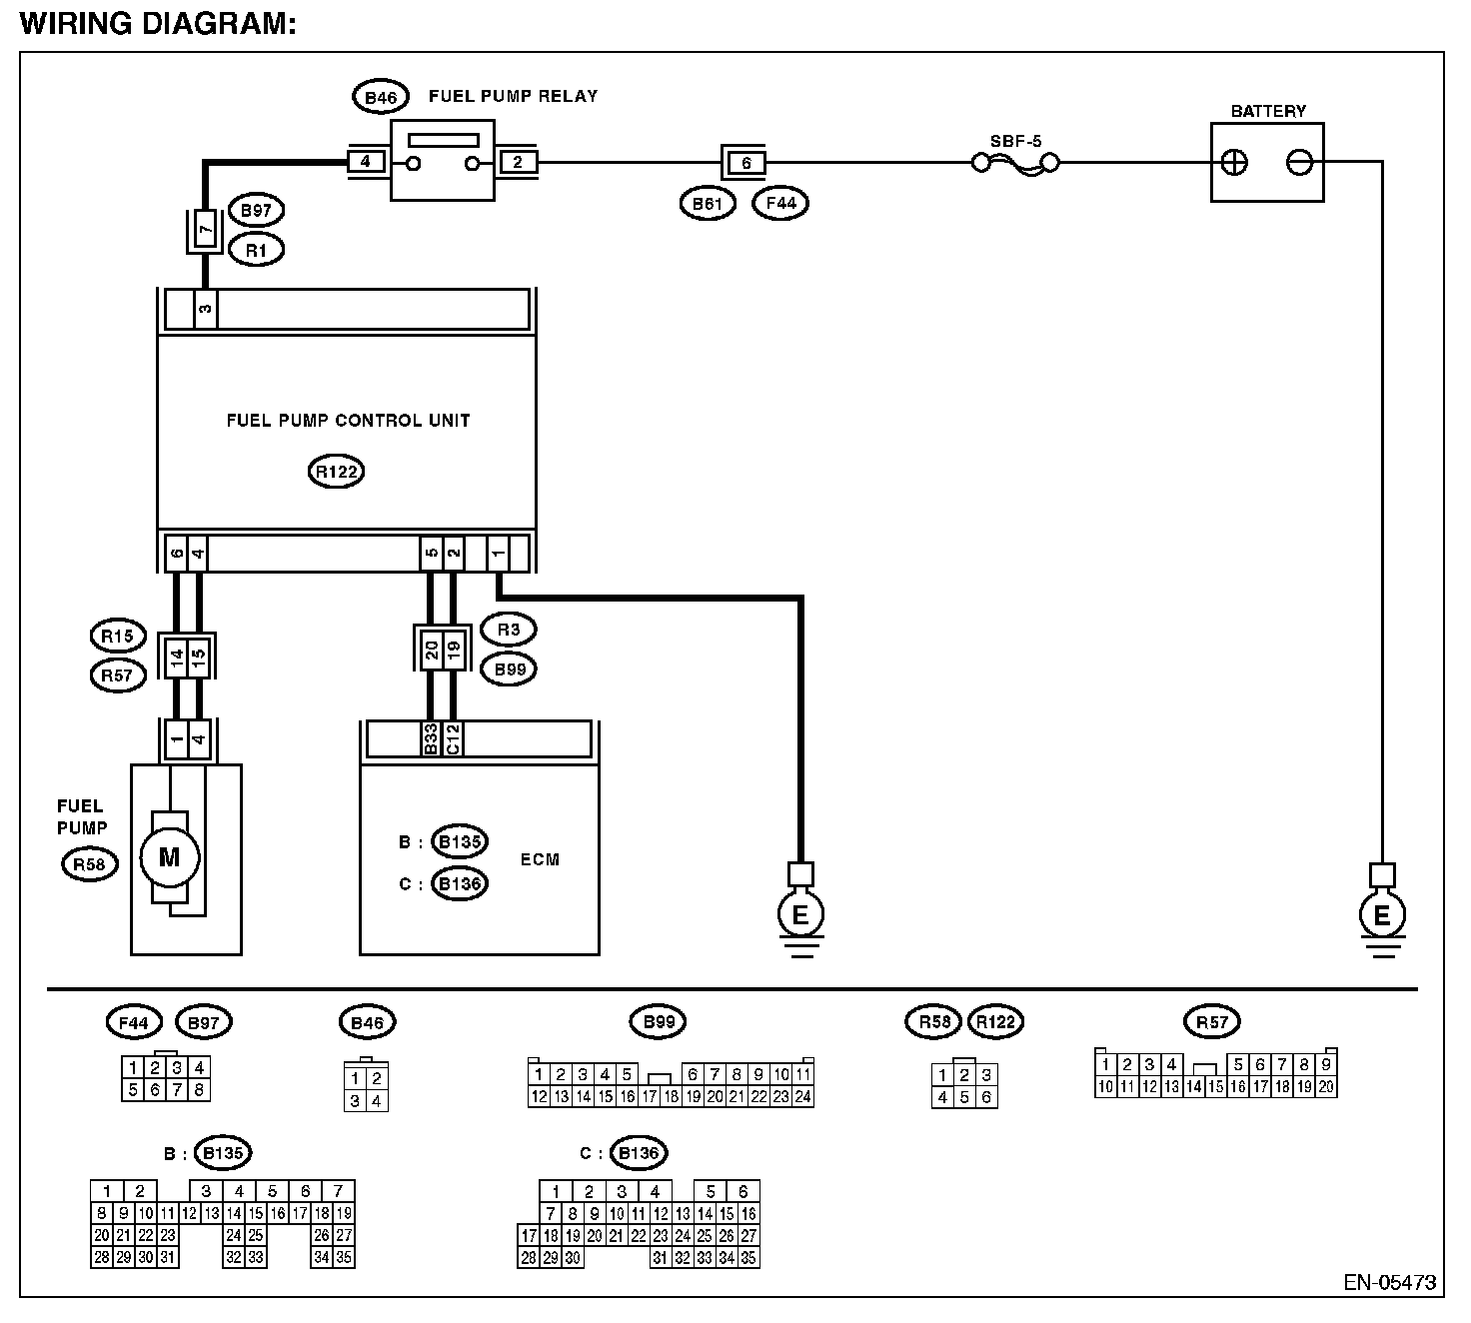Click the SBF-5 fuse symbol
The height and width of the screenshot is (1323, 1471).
[x=1015, y=164]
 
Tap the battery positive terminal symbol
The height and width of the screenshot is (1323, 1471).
[x=1234, y=162]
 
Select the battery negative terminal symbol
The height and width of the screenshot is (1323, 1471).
[x=1299, y=162]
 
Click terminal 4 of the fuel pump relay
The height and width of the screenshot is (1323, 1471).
[x=365, y=161]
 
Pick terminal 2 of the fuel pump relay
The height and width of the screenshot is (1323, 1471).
[x=518, y=161]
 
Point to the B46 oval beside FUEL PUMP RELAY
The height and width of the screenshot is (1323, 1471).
[x=381, y=98]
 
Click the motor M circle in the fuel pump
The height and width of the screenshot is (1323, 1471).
[x=170, y=857]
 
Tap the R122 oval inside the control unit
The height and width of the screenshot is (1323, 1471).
[x=336, y=472]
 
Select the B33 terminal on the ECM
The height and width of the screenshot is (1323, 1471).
[x=431, y=738]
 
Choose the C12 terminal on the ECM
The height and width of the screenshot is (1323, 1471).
[x=453, y=738]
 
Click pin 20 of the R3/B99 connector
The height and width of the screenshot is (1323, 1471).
[x=432, y=650]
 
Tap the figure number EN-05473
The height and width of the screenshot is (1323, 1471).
[x=1390, y=1282]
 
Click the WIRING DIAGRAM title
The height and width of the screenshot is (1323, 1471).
[x=158, y=23]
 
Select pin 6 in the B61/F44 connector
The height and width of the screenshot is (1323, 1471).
[x=746, y=163]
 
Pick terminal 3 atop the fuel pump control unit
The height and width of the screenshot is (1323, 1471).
[x=205, y=309]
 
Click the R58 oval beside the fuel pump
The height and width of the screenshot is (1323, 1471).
[x=90, y=864]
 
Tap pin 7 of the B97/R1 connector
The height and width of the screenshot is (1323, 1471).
[x=205, y=231]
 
